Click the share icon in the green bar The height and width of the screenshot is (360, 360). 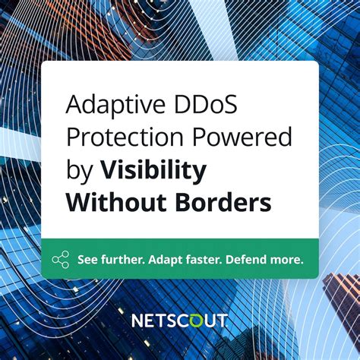[x=61, y=260]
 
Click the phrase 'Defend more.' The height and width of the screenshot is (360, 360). [x=267, y=260]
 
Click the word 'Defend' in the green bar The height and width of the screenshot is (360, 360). [x=251, y=260]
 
